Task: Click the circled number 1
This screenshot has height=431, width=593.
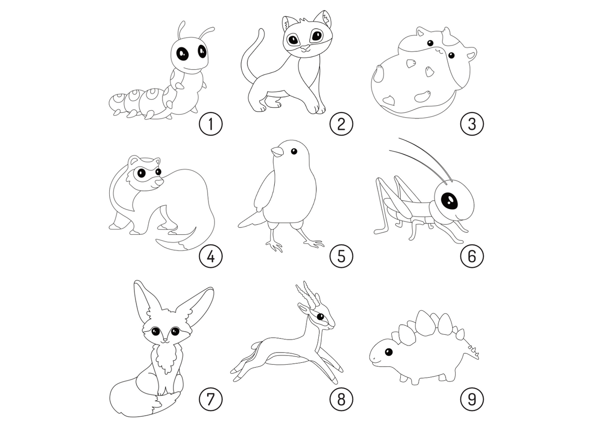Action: coord(211,124)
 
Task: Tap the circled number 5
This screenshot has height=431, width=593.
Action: coord(341,256)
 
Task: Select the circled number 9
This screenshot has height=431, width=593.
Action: coord(472,399)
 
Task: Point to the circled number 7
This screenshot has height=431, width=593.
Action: coord(211,399)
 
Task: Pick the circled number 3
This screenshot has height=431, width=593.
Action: coord(472,124)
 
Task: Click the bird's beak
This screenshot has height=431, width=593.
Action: coord(277,152)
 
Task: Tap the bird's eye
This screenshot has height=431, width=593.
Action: coord(294,151)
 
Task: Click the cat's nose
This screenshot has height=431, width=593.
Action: coord(305,47)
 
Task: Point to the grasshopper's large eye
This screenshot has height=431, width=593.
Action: coord(449,201)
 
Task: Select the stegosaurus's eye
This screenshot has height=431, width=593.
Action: coord(388,352)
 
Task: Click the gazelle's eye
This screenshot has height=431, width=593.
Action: coord(320,316)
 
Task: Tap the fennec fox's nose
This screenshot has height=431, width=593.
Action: coord(165,340)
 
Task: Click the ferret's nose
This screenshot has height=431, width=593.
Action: coord(159,182)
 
